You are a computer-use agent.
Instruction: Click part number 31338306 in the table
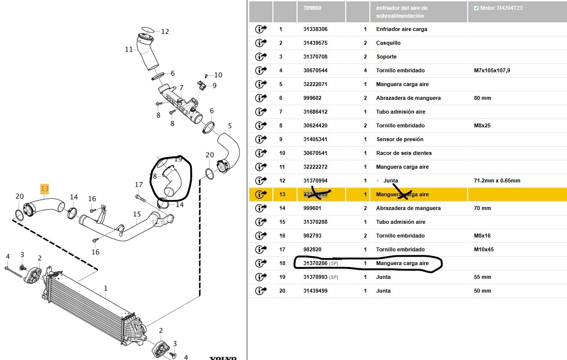click(315, 29)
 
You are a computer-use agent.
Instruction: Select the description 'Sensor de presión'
click(399, 139)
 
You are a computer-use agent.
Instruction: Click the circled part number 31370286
click(315, 263)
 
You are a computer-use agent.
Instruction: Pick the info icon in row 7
click(261, 112)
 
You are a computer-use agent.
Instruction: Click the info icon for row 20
click(261, 291)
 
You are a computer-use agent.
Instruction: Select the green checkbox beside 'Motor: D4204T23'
click(476, 8)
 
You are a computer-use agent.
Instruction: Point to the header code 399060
click(312, 8)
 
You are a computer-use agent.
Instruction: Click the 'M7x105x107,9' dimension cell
click(492, 70)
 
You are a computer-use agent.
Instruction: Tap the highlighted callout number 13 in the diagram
click(45, 188)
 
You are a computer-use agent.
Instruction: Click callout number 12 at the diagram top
click(165, 31)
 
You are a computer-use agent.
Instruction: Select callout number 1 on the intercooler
click(106, 288)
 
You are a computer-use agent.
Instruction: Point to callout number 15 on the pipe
click(137, 214)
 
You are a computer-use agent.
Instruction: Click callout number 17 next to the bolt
click(139, 185)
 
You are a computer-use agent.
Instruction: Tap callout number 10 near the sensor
click(218, 75)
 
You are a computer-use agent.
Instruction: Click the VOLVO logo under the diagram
click(223, 358)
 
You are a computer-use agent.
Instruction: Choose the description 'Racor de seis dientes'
click(403, 153)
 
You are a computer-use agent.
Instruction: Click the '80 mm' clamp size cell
click(482, 98)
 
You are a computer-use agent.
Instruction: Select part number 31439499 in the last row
click(315, 291)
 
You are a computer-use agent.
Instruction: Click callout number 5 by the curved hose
click(229, 125)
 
